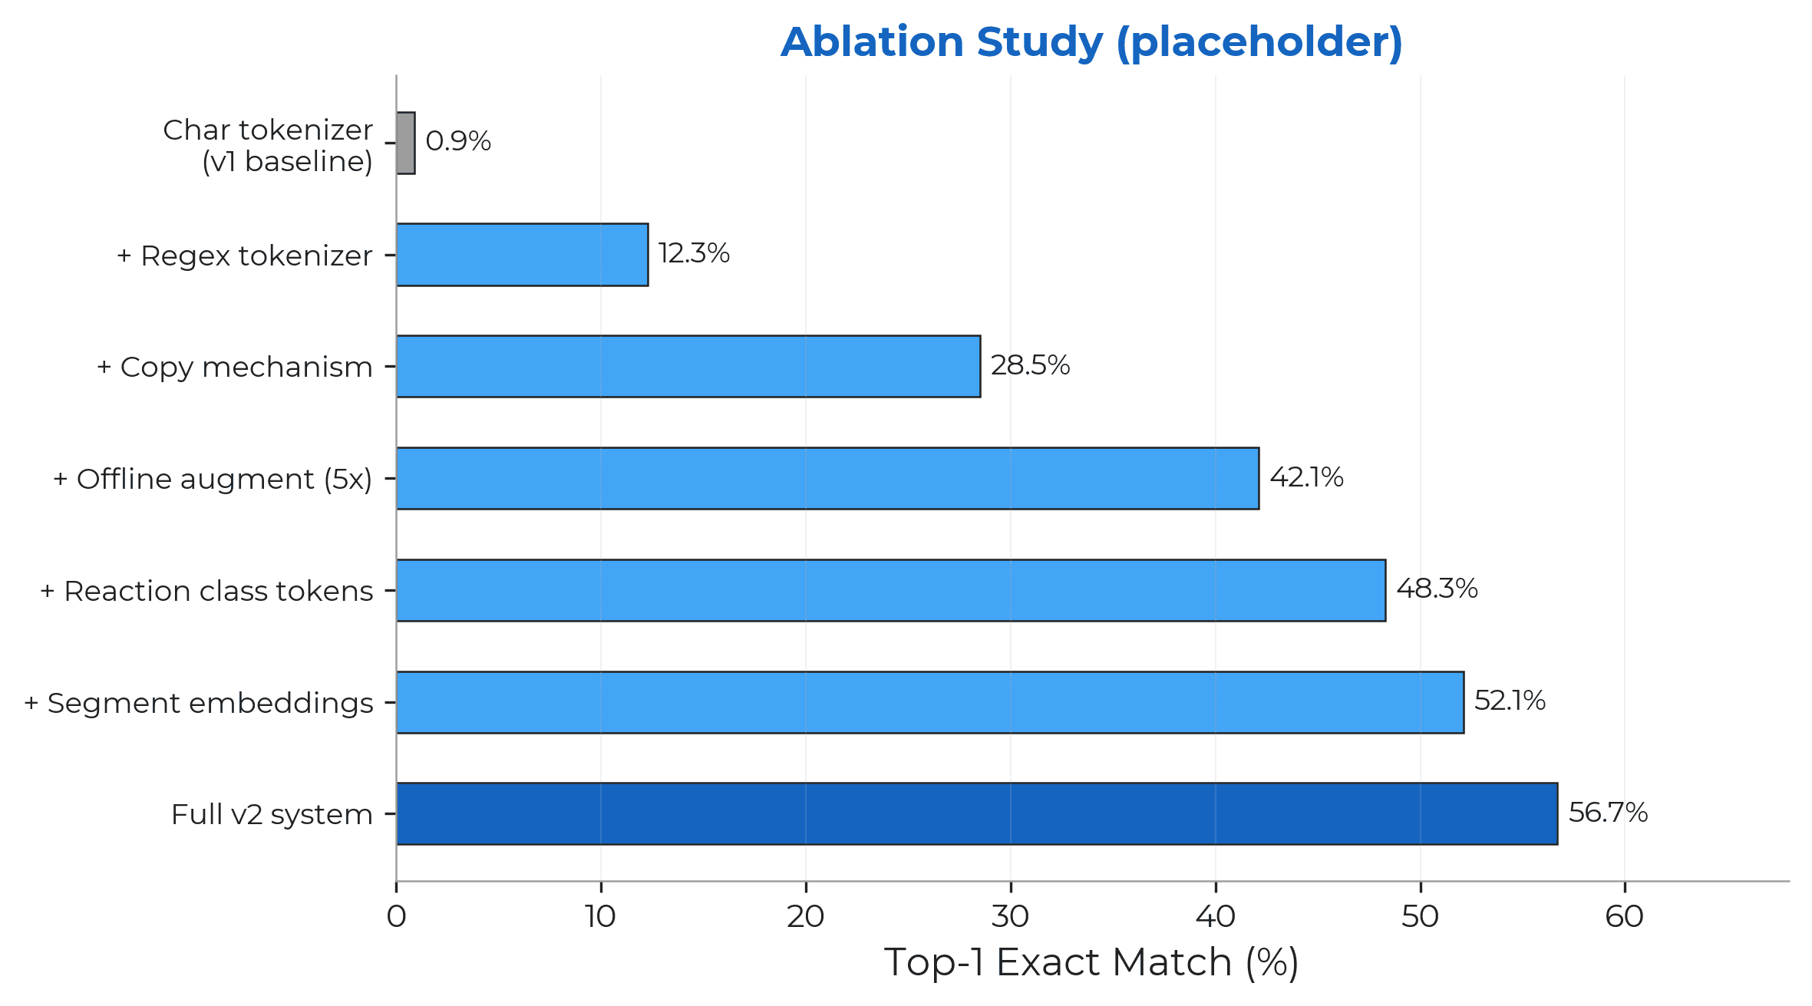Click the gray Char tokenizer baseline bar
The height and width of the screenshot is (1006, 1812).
click(x=406, y=143)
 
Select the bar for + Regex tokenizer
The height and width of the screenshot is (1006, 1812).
click(x=522, y=255)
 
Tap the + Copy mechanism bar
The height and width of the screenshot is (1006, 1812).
click(x=688, y=366)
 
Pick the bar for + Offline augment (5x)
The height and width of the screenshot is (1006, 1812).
click(x=827, y=478)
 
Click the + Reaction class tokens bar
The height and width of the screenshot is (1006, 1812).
click(x=890, y=590)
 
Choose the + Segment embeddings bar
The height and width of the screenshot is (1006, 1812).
click(x=929, y=702)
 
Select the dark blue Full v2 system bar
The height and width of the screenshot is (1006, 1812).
click(x=976, y=813)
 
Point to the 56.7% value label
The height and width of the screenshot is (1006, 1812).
click(x=1608, y=813)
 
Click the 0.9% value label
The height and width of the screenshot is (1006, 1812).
click(x=458, y=141)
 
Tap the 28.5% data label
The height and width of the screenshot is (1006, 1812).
click(x=1030, y=365)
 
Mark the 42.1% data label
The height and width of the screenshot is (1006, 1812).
click(x=1306, y=477)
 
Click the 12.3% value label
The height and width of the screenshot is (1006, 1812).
click(x=694, y=253)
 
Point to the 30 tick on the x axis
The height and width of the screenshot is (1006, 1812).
click(x=1010, y=916)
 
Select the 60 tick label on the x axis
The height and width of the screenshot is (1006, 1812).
click(x=1624, y=916)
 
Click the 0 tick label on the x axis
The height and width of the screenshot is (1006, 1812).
click(x=396, y=916)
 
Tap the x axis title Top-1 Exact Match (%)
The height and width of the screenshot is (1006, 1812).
click(x=1091, y=962)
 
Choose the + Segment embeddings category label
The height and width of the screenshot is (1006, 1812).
click(x=199, y=703)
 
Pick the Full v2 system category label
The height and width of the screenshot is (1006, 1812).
click(x=272, y=814)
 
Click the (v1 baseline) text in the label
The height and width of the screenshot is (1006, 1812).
click(x=287, y=162)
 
